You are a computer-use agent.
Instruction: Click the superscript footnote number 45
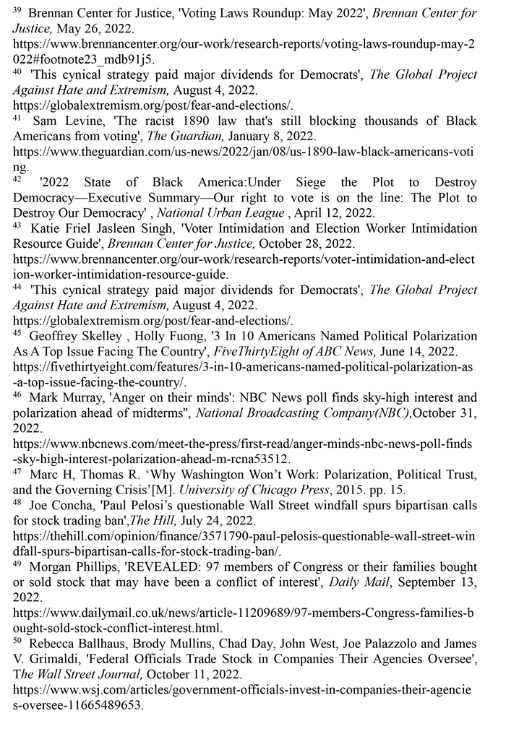pos(18,334)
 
